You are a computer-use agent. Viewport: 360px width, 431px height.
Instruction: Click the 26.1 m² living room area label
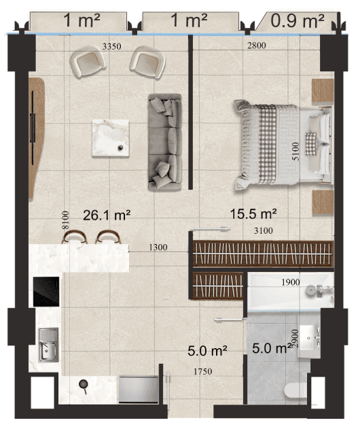point(107,215)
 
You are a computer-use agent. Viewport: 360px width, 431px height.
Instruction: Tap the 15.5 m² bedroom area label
point(253,214)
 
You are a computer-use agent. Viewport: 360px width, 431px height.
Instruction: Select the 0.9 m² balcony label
point(298,21)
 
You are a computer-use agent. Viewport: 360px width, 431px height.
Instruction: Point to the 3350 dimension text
point(112,46)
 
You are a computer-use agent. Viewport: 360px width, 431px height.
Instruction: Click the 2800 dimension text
point(257,46)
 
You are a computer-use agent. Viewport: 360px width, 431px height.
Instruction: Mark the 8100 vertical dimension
point(65,220)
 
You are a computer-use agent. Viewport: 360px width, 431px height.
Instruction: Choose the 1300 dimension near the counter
point(158,247)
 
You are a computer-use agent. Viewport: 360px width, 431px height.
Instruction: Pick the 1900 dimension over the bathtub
point(291,282)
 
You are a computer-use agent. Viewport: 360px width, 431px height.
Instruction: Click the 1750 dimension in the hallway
point(203,372)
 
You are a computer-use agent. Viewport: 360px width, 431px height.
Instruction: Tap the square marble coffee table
point(111,138)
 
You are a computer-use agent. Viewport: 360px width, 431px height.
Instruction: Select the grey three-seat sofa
point(165,142)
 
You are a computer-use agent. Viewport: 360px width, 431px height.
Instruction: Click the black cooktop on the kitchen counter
point(46,292)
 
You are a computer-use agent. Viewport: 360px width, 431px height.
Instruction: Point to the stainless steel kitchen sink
point(48,345)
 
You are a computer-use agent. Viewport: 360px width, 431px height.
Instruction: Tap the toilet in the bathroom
point(295,390)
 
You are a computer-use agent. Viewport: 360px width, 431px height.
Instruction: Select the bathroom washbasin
point(308,338)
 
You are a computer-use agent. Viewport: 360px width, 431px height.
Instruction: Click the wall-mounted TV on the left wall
point(33,128)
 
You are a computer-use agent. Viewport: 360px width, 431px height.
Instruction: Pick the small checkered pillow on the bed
point(311,143)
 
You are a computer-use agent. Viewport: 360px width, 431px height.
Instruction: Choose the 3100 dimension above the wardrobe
point(264,230)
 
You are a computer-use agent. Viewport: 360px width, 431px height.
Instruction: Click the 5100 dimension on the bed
point(295,152)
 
